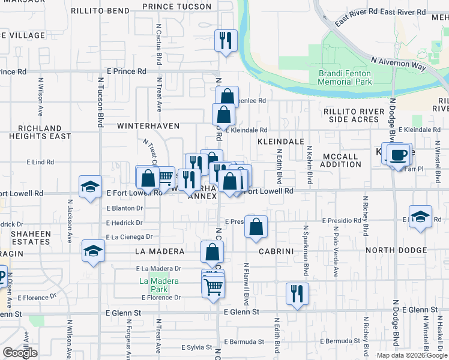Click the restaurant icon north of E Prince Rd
(x=226, y=41)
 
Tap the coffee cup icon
(x=398, y=155)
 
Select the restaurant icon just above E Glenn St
(x=297, y=293)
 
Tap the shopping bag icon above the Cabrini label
(x=256, y=227)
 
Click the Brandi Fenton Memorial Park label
(x=345, y=77)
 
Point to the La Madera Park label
(x=152, y=284)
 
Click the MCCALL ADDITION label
(x=340, y=160)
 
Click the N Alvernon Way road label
(x=398, y=64)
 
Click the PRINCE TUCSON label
(x=176, y=7)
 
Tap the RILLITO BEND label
(x=100, y=11)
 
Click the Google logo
(x=20, y=353)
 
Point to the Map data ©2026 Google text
(x=411, y=355)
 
